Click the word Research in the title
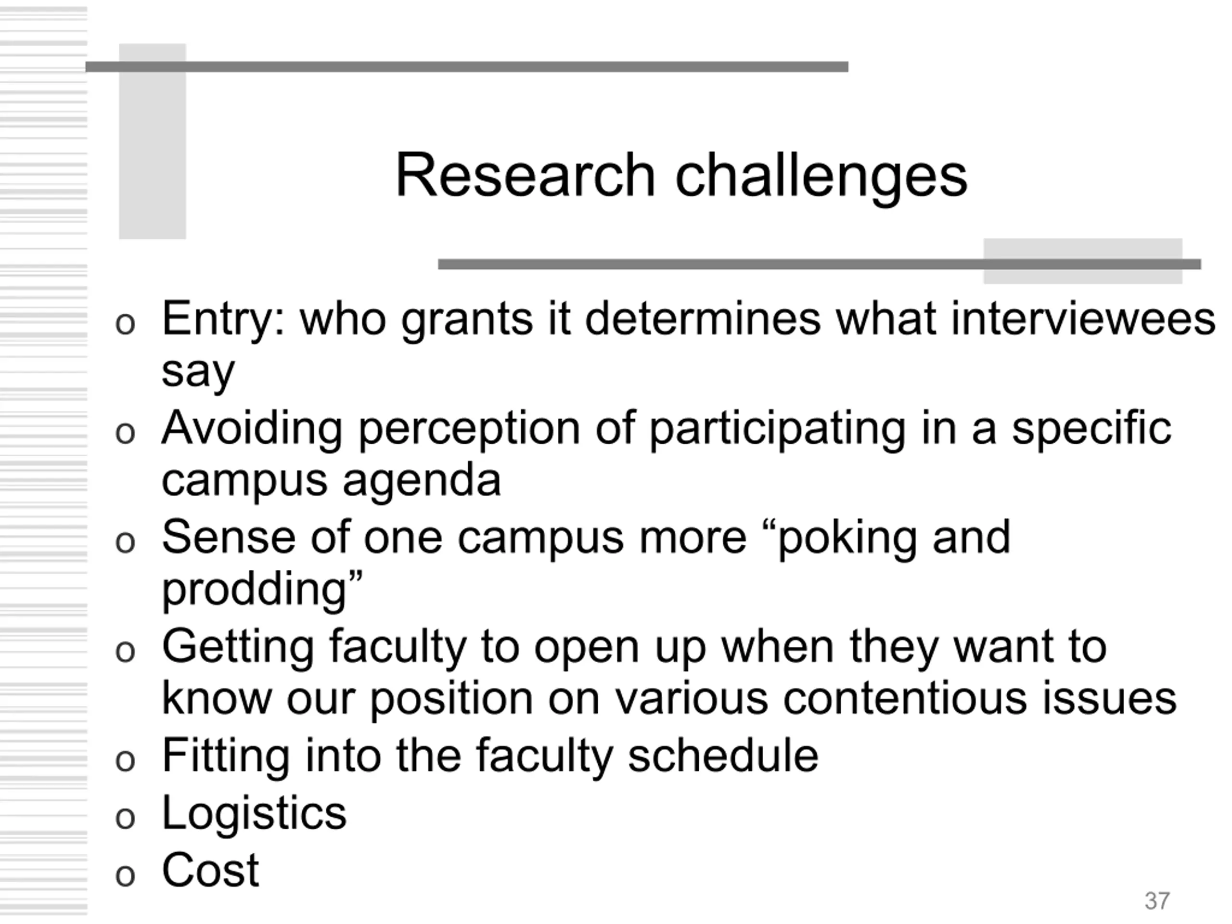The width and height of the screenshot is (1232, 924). tap(525, 176)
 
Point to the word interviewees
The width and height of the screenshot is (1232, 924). tap(1083, 319)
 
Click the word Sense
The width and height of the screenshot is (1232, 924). tap(229, 537)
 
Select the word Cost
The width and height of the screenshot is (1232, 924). tap(210, 871)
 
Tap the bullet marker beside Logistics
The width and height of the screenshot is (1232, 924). tap(125, 819)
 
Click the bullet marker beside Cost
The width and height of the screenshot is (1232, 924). tap(125, 875)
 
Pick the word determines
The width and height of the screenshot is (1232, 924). tap(703, 319)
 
